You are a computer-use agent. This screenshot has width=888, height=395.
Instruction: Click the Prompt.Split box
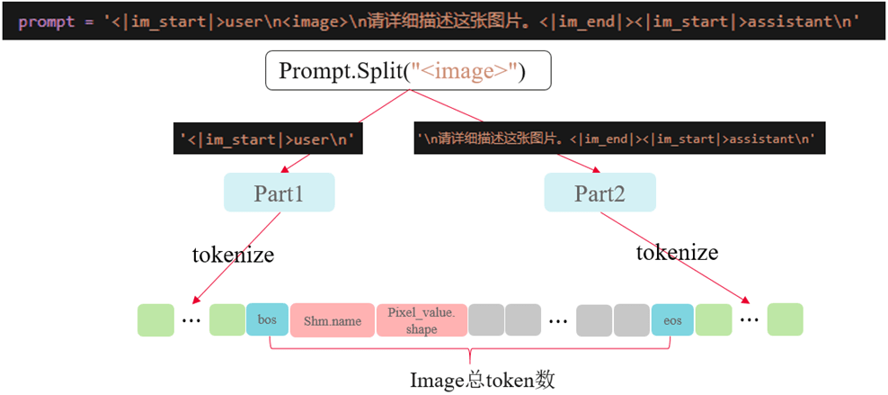point(406,71)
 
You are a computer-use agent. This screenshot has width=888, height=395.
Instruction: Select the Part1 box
point(279,193)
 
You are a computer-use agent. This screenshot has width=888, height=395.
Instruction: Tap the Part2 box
point(599,193)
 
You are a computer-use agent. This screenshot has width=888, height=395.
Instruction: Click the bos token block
point(267,320)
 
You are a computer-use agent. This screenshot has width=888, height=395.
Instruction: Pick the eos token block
point(672,320)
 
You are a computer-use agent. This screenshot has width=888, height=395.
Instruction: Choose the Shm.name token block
point(332,320)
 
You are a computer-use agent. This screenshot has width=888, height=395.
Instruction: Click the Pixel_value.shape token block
point(421,320)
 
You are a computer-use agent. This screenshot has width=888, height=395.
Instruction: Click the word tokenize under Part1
point(233,255)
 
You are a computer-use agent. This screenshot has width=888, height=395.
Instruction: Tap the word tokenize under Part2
point(677,252)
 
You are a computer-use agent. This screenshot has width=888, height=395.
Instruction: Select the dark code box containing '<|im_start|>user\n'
point(268,139)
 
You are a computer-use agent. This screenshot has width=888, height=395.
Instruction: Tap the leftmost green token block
point(155,320)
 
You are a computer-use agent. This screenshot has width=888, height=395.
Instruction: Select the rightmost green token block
point(785,320)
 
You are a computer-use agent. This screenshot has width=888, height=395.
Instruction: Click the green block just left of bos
point(227,320)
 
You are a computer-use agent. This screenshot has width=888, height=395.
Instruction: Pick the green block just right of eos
point(713,320)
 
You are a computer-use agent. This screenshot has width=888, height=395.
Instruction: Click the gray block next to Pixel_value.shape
point(486,320)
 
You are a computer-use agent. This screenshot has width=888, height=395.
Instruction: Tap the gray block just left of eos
point(631,320)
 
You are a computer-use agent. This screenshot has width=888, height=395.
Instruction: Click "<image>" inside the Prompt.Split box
point(467,71)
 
